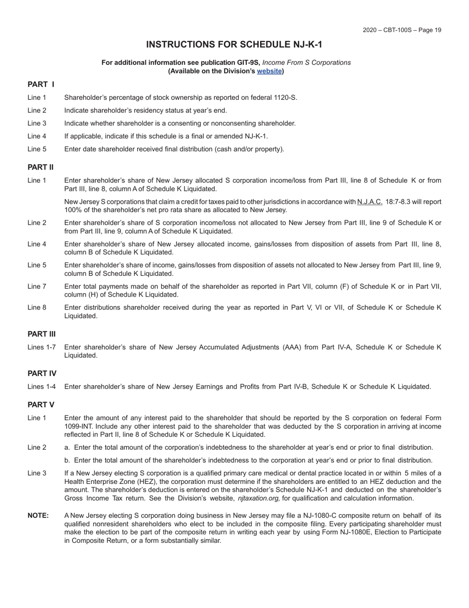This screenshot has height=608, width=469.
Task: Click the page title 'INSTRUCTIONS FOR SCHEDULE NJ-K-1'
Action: point(234,44)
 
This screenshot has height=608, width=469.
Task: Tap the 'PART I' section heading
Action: point(41,85)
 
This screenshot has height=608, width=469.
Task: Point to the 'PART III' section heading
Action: point(41,334)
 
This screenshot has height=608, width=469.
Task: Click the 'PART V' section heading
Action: point(41,405)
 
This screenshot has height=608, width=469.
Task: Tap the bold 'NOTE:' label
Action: point(38,516)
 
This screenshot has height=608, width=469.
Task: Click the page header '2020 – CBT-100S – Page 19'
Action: point(402,30)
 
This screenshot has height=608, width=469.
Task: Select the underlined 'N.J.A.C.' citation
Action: point(370,202)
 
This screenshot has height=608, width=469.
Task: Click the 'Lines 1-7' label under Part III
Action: point(41,347)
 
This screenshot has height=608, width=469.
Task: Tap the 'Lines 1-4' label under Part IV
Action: point(41,387)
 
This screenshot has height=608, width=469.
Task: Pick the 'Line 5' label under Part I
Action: point(37,149)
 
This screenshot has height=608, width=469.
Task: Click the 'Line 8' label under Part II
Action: point(37,307)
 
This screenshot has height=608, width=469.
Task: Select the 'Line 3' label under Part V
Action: point(37,473)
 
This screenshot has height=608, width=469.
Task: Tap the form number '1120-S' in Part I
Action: point(285,97)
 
